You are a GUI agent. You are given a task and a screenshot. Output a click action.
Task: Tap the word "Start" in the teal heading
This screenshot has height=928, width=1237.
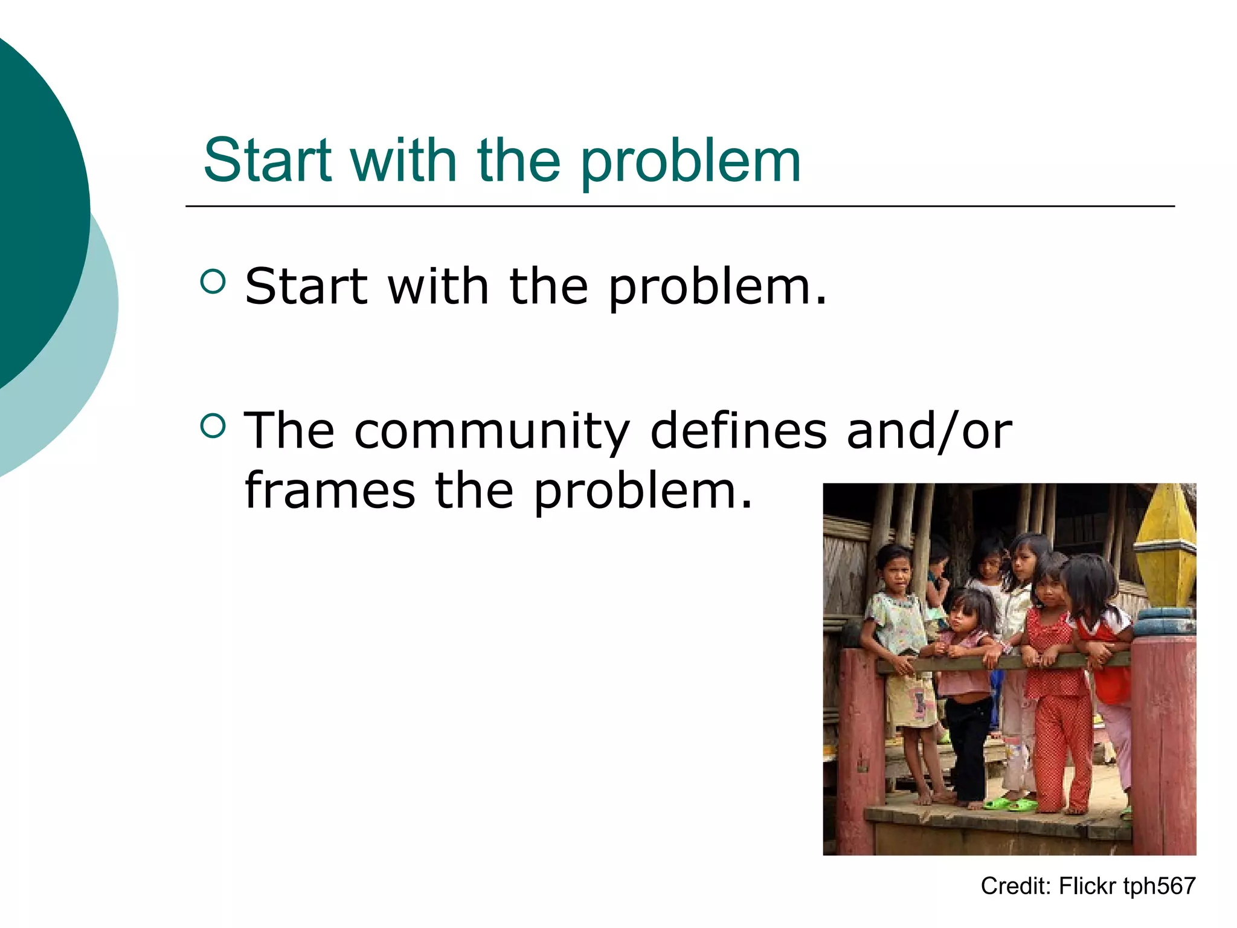point(268,160)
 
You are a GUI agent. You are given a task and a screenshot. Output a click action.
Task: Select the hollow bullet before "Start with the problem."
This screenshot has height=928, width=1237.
point(213,281)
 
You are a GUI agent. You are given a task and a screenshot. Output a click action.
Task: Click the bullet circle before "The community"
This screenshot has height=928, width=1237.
point(213,425)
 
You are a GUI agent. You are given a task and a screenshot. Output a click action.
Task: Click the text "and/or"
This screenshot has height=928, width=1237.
point(929,431)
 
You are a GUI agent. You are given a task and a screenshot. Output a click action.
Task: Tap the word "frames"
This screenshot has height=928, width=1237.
point(330,491)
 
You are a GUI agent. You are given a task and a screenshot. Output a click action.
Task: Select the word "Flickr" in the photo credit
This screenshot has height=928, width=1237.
point(1087,886)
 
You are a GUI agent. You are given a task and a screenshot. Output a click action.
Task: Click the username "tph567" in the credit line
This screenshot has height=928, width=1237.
point(1159,886)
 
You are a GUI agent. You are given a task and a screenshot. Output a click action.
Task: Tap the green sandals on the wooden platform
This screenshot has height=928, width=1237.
point(1009,804)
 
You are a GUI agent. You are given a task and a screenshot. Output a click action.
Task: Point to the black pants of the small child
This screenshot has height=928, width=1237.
point(969,743)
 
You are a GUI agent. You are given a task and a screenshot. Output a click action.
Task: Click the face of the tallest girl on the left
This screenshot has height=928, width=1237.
point(896,571)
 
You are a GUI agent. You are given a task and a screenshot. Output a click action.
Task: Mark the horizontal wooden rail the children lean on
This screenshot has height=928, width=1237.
point(1003,662)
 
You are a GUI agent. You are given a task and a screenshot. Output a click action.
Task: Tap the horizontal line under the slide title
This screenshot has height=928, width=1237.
point(680,207)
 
